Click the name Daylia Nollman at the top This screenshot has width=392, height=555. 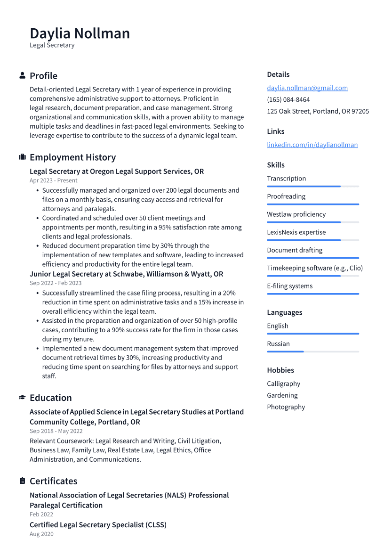[80, 33]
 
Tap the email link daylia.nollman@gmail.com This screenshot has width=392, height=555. [307, 88]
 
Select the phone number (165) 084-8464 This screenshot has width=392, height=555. [288, 99]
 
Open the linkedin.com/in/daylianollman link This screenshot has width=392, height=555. [312, 145]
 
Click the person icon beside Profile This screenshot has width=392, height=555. [22, 76]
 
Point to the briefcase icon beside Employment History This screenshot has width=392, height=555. [22, 157]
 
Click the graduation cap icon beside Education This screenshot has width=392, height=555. [22, 398]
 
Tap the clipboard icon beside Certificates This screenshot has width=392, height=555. [22, 481]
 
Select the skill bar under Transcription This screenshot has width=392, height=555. [312, 187]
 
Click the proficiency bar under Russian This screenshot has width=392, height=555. [312, 351]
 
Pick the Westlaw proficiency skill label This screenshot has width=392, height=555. [296, 214]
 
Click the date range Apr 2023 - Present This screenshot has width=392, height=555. [53, 180]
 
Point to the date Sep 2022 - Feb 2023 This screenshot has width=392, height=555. [56, 283]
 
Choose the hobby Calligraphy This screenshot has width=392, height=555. [283, 384]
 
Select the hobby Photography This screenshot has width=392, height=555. [286, 407]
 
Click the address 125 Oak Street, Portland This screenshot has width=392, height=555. [318, 111]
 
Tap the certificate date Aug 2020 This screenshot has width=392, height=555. [41, 534]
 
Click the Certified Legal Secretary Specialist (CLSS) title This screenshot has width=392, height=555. [98, 524]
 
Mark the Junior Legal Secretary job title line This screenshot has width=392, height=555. [126, 274]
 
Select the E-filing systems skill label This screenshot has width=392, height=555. [289, 286]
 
